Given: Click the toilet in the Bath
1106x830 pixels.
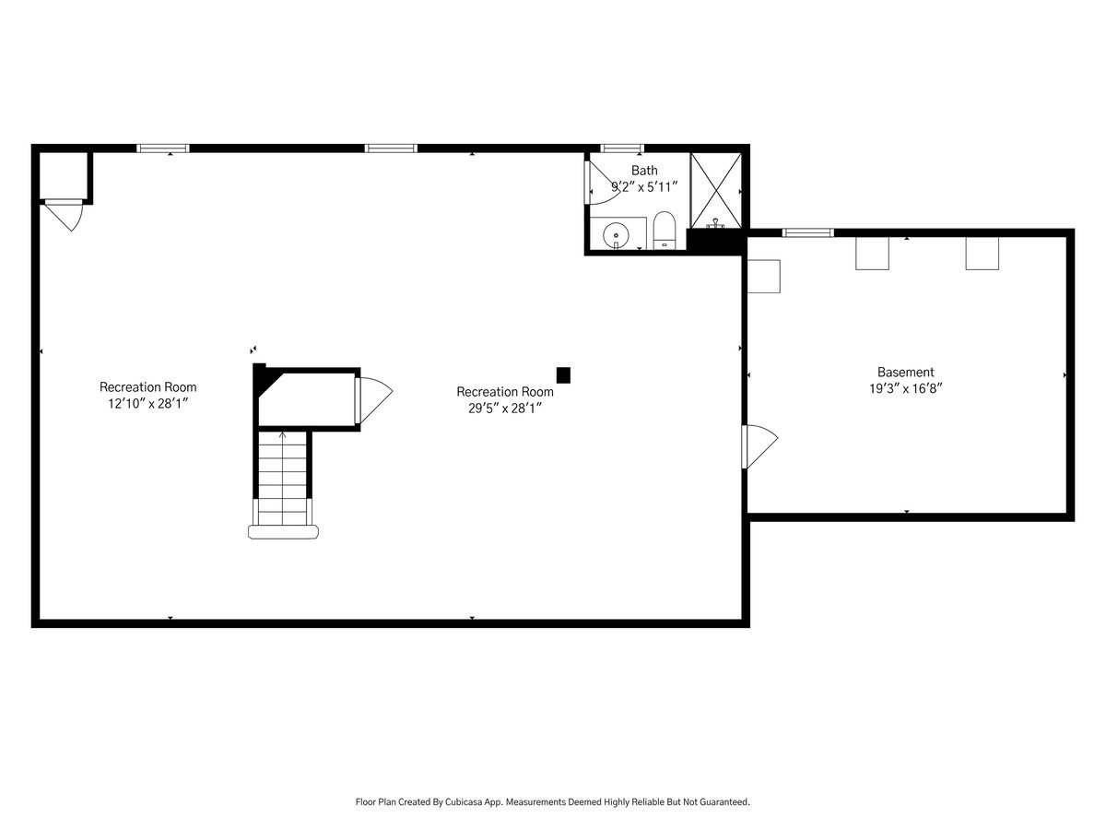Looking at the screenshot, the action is click(665, 231).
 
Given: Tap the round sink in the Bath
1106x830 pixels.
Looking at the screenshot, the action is click(616, 235).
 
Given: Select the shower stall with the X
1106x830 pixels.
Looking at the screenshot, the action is click(715, 191).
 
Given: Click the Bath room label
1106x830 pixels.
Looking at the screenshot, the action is click(644, 171).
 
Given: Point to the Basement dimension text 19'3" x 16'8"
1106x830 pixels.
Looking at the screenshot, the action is click(905, 388).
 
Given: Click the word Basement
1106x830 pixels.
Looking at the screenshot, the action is click(905, 372).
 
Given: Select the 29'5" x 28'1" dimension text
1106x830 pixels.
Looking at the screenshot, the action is click(505, 409).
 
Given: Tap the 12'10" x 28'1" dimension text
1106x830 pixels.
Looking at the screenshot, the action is click(148, 404).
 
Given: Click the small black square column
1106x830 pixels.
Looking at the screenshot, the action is click(563, 375).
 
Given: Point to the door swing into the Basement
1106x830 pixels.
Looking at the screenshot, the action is click(759, 447).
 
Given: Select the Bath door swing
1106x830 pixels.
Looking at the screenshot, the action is click(602, 183).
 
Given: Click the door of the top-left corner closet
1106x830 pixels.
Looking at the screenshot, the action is click(64, 215).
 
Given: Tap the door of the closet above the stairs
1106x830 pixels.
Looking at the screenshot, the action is click(373, 400).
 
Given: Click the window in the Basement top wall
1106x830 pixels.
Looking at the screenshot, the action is click(807, 232).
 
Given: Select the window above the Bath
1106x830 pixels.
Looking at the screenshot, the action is click(622, 148).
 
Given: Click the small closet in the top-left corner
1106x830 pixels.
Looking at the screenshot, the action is click(63, 175).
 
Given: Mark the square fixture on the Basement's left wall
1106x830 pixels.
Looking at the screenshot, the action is click(763, 276).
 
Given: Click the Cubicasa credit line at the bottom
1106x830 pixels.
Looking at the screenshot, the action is click(552, 801).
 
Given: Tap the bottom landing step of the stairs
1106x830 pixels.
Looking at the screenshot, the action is click(283, 532).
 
